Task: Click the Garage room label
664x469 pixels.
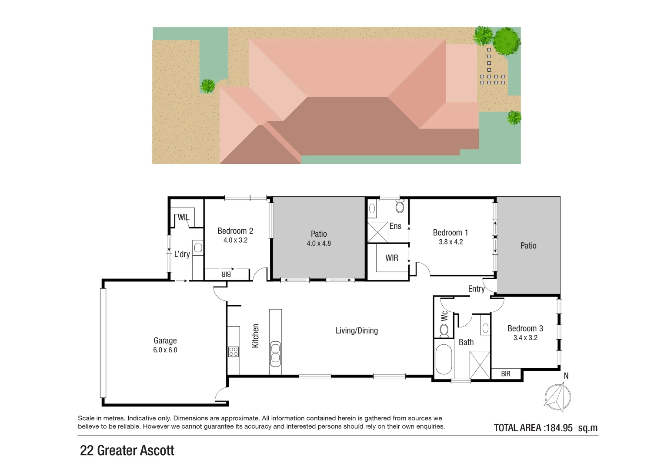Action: tap(165, 341)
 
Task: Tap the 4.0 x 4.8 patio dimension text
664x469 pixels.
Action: tap(319, 244)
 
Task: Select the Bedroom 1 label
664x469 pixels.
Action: tap(450, 233)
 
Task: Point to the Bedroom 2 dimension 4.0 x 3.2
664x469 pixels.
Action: tap(235, 240)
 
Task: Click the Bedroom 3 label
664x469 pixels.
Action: tap(525, 329)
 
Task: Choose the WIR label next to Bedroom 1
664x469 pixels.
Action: tap(392, 258)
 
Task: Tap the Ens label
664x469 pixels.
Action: tap(395, 226)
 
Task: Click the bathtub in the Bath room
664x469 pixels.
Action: tap(444, 359)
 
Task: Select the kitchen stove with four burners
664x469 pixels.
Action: tap(234, 351)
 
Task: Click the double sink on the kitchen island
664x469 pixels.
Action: tap(275, 352)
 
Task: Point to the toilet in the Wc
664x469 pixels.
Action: tap(444, 331)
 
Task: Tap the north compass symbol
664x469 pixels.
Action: tap(558, 397)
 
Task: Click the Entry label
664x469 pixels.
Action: tap(476, 289)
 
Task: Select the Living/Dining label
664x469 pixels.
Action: tap(357, 330)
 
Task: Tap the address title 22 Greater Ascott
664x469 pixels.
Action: tap(127, 450)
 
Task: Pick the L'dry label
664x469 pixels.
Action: tap(182, 254)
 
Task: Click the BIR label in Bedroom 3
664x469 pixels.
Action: tap(506, 374)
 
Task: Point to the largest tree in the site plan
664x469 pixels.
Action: tap(507, 40)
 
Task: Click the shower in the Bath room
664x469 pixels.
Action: tap(480, 365)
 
